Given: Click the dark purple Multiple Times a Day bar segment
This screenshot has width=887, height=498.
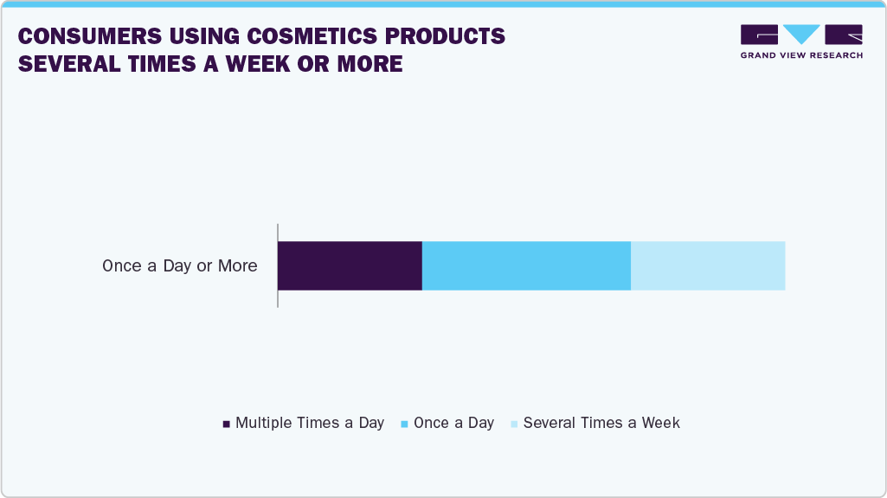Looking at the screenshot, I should pyautogui.click(x=350, y=265).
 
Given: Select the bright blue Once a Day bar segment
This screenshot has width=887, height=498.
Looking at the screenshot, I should pyautogui.click(x=526, y=265).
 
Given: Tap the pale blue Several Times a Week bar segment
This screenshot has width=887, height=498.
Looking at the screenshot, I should pyautogui.click(x=708, y=265).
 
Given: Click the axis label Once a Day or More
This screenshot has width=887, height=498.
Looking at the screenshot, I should pyautogui.click(x=180, y=266).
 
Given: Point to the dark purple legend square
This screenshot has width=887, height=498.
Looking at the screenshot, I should pyautogui.click(x=227, y=424).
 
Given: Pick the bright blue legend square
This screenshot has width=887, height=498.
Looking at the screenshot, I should pyautogui.click(x=405, y=424).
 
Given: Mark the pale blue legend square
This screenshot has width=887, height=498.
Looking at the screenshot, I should pyautogui.click(x=514, y=424).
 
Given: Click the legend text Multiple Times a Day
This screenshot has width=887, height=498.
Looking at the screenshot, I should pyautogui.click(x=310, y=423).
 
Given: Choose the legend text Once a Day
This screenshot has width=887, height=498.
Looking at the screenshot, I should pyautogui.click(x=453, y=423).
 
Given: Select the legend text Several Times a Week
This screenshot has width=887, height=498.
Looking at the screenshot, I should pyautogui.click(x=601, y=423).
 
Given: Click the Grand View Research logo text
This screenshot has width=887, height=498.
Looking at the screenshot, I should pyautogui.click(x=801, y=55).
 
